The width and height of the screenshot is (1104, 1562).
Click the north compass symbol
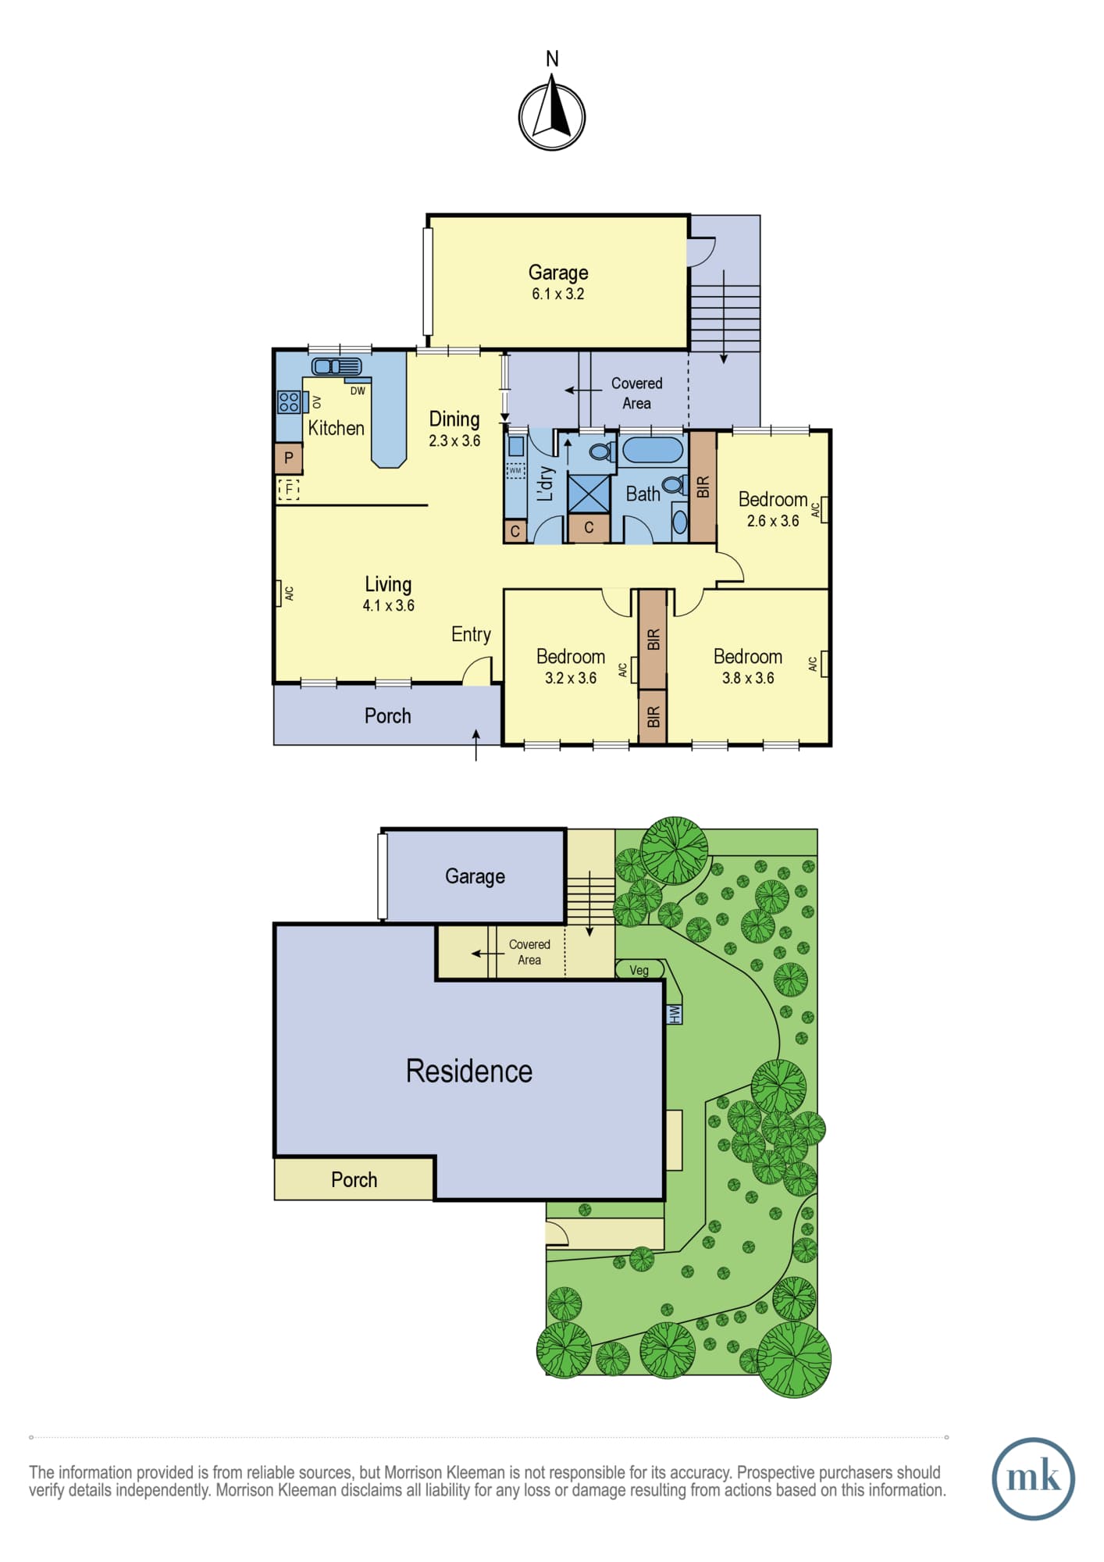pyautogui.click(x=552, y=116)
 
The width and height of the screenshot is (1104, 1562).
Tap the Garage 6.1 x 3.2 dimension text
pyautogui.click(x=558, y=294)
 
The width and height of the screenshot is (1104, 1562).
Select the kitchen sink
pyautogui.click(x=337, y=366)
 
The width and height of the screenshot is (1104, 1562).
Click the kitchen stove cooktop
pyautogui.click(x=289, y=401)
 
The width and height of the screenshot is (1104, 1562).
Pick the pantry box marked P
pyautogui.click(x=289, y=458)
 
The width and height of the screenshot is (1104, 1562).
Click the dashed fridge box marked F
pyautogui.click(x=289, y=490)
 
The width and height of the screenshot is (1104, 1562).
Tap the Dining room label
pyautogui.click(x=454, y=419)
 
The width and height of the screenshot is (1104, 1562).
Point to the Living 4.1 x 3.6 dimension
pyautogui.click(x=389, y=605)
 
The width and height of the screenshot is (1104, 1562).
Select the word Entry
pyautogui.click(x=471, y=634)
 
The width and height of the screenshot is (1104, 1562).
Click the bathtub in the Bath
pyautogui.click(x=653, y=451)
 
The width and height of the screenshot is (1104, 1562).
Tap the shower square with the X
pyautogui.click(x=589, y=492)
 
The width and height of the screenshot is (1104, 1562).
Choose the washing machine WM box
pyautogui.click(x=515, y=470)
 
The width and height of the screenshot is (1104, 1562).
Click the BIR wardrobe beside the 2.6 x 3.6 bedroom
pyautogui.click(x=703, y=487)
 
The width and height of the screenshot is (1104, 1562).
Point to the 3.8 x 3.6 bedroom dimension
pyautogui.click(x=748, y=678)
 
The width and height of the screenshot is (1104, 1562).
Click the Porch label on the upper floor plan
pyautogui.click(x=387, y=715)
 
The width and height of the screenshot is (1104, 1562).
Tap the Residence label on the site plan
pyautogui.click(x=468, y=1071)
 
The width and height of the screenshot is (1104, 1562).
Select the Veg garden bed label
pyautogui.click(x=639, y=970)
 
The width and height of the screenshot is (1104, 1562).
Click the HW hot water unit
pyautogui.click(x=675, y=1014)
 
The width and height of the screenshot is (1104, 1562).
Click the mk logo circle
pyautogui.click(x=1033, y=1478)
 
